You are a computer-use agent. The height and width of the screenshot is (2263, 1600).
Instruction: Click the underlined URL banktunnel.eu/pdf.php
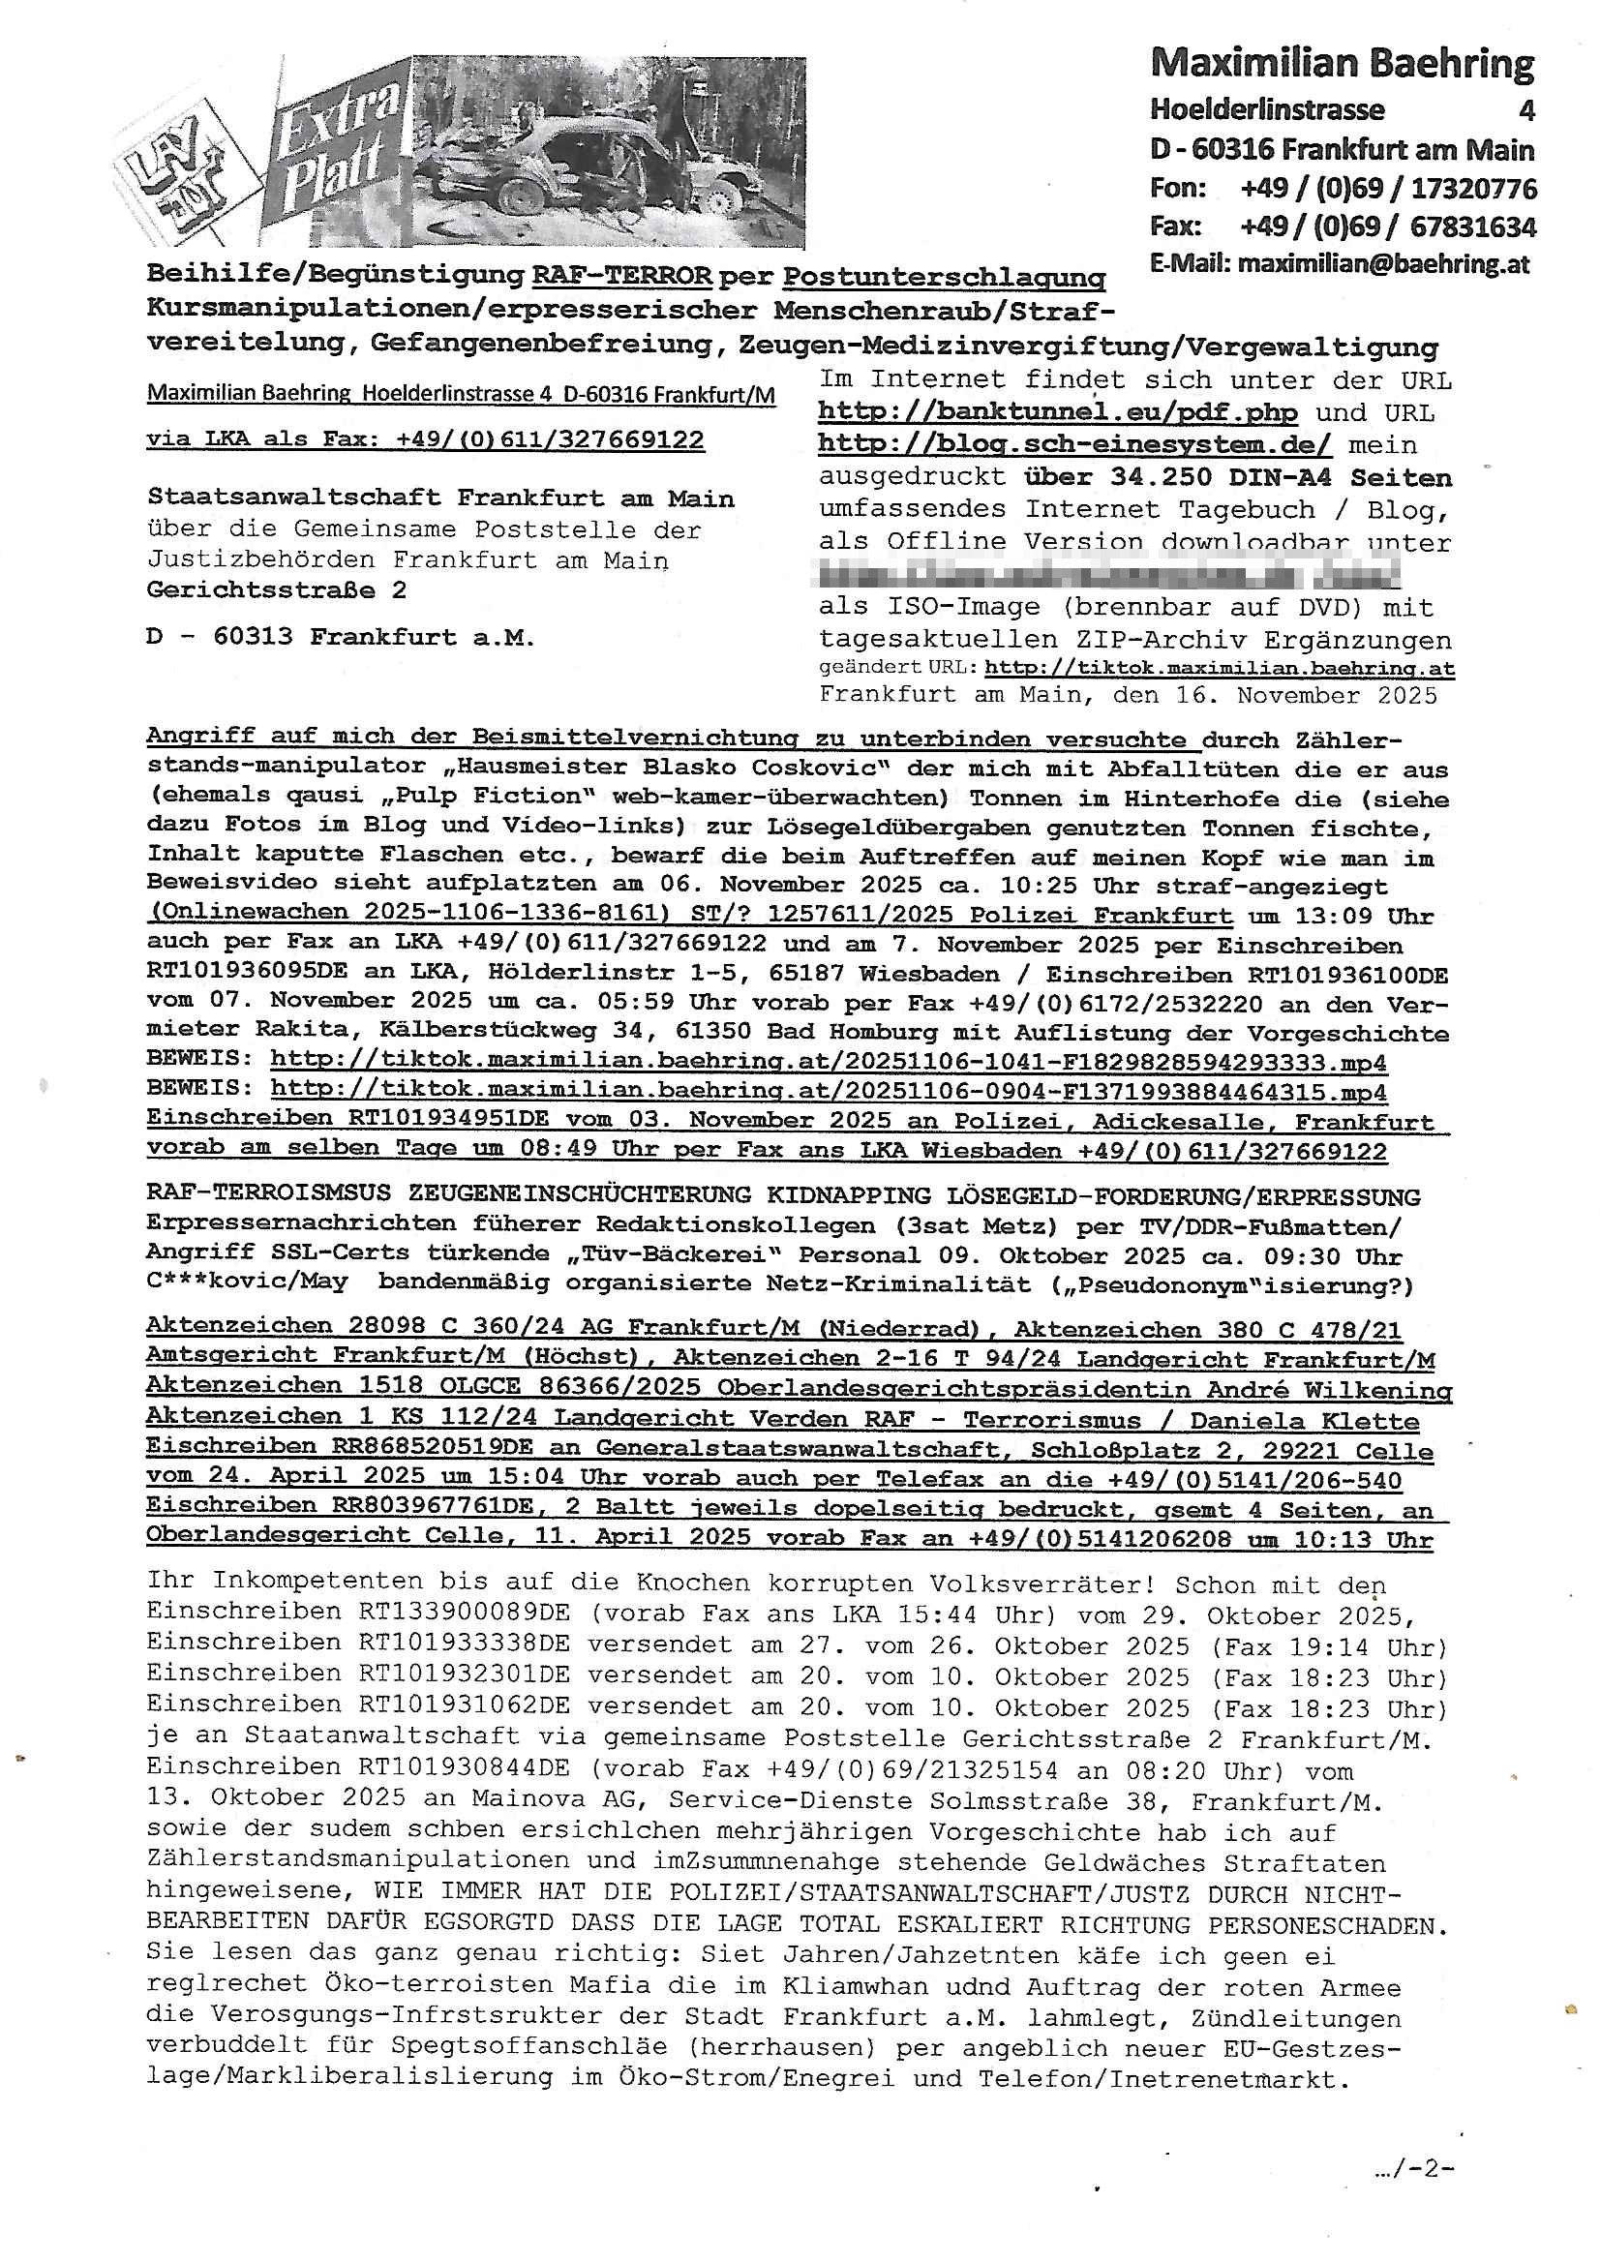pyautogui.click(x=1057, y=412)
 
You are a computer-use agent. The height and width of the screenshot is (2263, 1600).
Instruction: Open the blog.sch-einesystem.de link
pyautogui.click(x=1074, y=444)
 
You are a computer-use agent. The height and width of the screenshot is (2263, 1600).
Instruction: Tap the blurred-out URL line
pyautogui.click(x=1109, y=574)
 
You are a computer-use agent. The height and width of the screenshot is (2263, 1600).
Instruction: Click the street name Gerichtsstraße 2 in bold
pyautogui.click(x=276, y=590)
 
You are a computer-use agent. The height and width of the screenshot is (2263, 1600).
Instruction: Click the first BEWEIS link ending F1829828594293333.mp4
pyautogui.click(x=829, y=1063)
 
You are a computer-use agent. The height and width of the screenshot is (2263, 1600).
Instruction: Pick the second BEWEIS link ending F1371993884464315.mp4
pyautogui.click(x=829, y=1092)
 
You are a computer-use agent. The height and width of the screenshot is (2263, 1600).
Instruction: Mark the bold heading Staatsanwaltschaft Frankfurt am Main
pyautogui.click(x=439, y=498)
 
